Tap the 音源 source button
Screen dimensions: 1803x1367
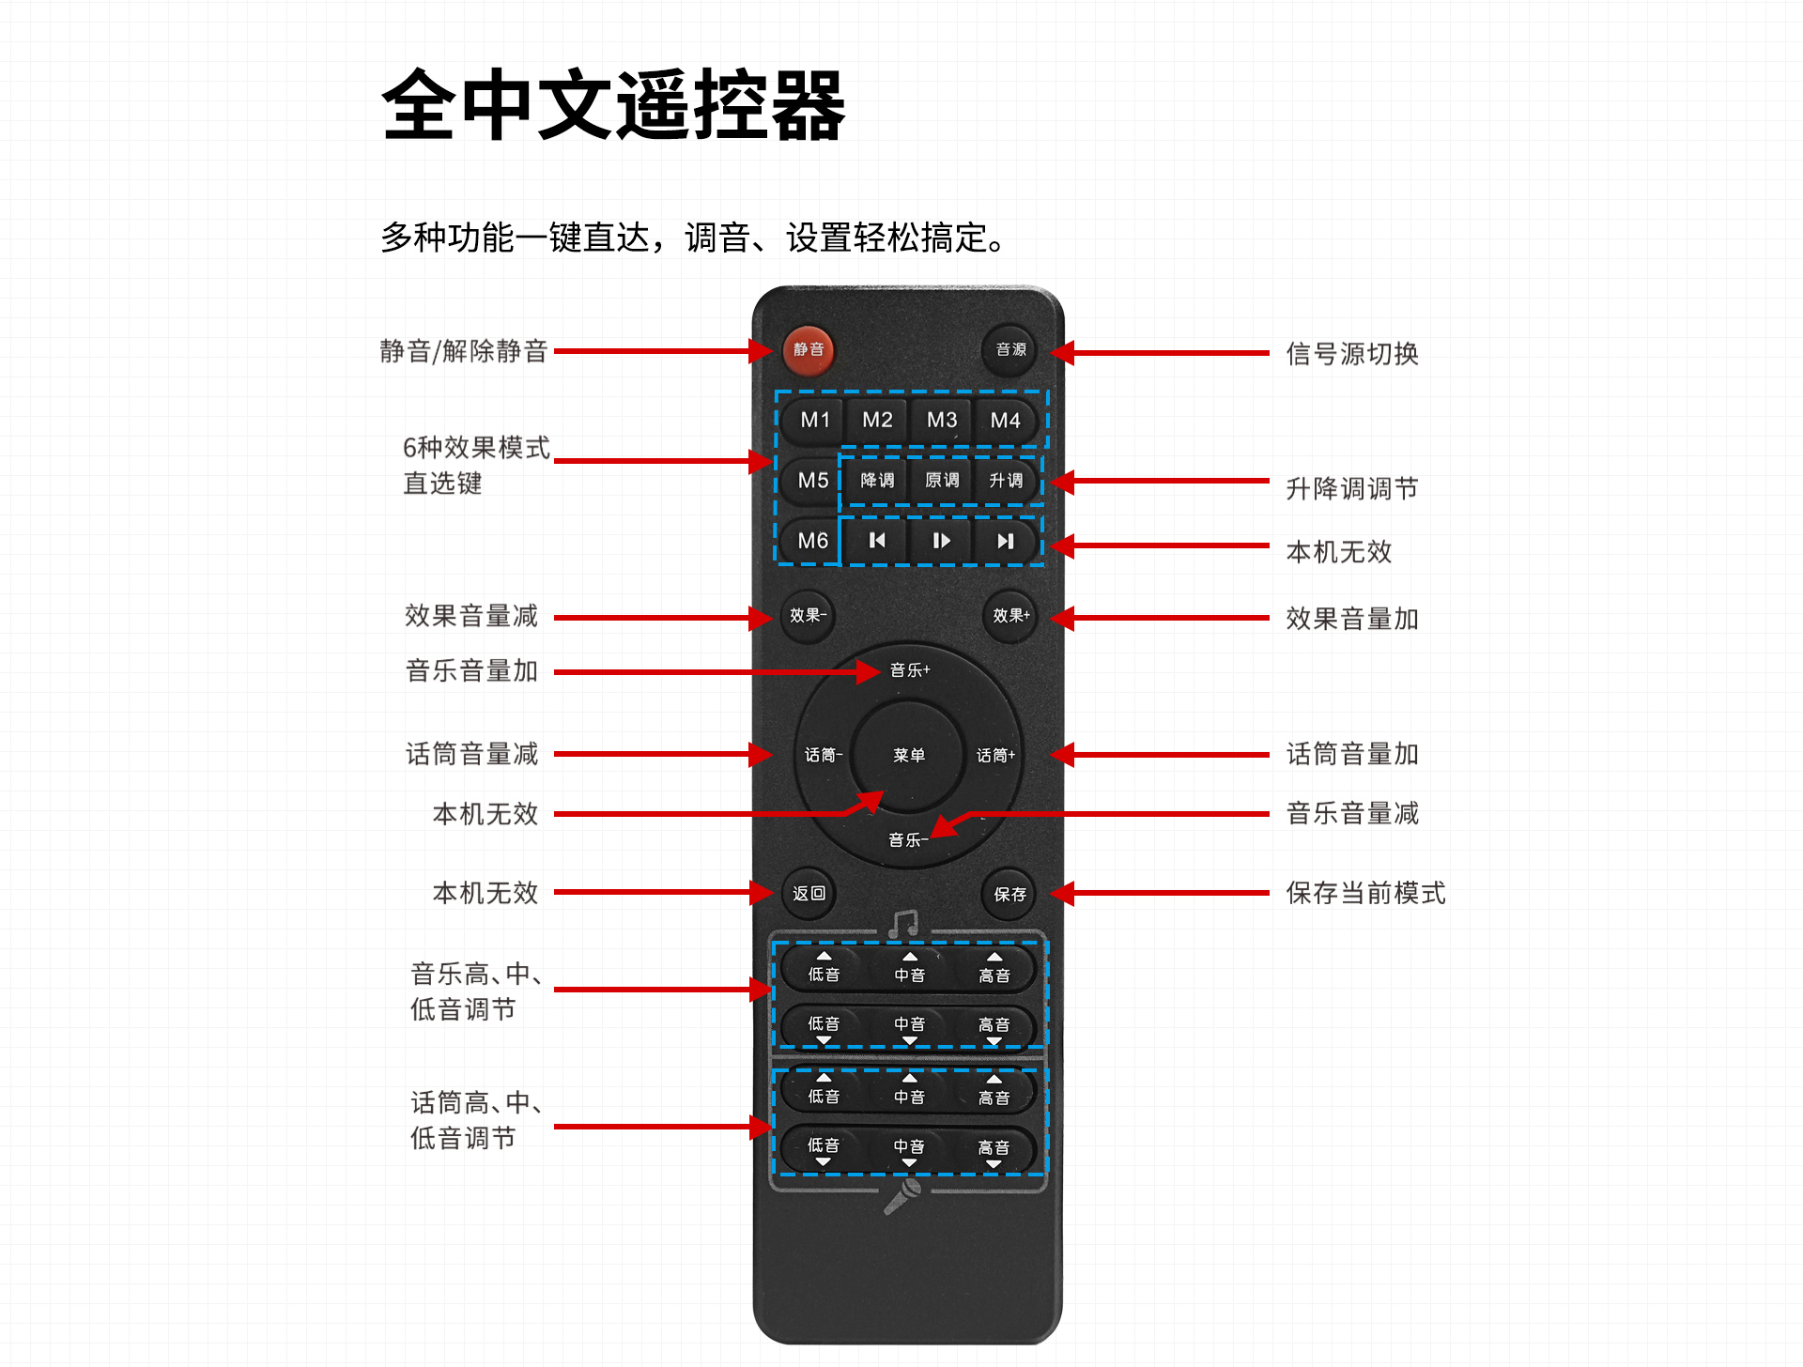[x=1010, y=350]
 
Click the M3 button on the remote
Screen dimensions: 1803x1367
[x=942, y=420]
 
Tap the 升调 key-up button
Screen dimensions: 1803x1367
[x=1006, y=481]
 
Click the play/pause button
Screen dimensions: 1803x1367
[x=941, y=541]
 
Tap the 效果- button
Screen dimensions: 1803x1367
[x=808, y=616]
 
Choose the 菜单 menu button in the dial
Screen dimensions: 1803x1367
[x=909, y=755]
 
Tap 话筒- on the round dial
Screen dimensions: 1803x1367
[x=824, y=755]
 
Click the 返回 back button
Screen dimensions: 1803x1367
[x=809, y=894]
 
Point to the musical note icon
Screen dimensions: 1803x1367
[x=903, y=925]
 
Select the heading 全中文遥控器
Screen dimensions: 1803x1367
[x=613, y=105]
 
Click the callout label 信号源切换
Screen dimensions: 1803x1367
[x=1352, y=354]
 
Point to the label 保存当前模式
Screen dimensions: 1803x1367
[x=1365, y=893]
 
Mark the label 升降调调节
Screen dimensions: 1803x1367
[x=1352, y=488]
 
